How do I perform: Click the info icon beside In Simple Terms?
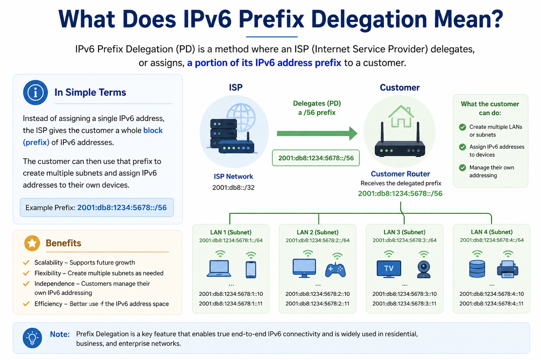coord(35,92)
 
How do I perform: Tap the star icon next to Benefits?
coord(32,243)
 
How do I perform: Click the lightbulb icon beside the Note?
coord(32,338)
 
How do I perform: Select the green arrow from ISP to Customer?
coord(317,133)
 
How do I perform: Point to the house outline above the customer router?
coord(401,116)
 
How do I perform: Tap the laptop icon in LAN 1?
coord(219,269)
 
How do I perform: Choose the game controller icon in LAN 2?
coord(335,270)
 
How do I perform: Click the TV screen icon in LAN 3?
coord(389,269)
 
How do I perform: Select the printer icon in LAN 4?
coord(508,269)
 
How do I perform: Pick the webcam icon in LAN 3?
coord(424,270)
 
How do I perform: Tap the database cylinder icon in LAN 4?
coord(477,269)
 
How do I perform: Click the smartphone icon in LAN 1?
coord(251,270)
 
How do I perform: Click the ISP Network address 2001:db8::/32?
coord(233,188)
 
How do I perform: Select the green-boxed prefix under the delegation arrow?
coord(316,158)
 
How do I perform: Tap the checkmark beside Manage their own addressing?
coord(463,168)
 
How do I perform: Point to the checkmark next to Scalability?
coord(26,263)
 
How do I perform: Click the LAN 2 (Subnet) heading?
coord(317,232)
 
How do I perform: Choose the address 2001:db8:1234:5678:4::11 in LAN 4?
coord(491,303)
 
